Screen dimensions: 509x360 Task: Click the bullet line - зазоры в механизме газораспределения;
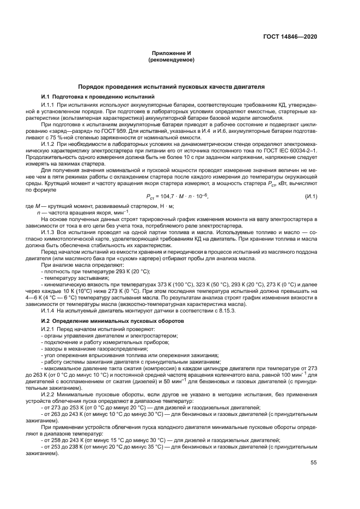click(x=82, y=348)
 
